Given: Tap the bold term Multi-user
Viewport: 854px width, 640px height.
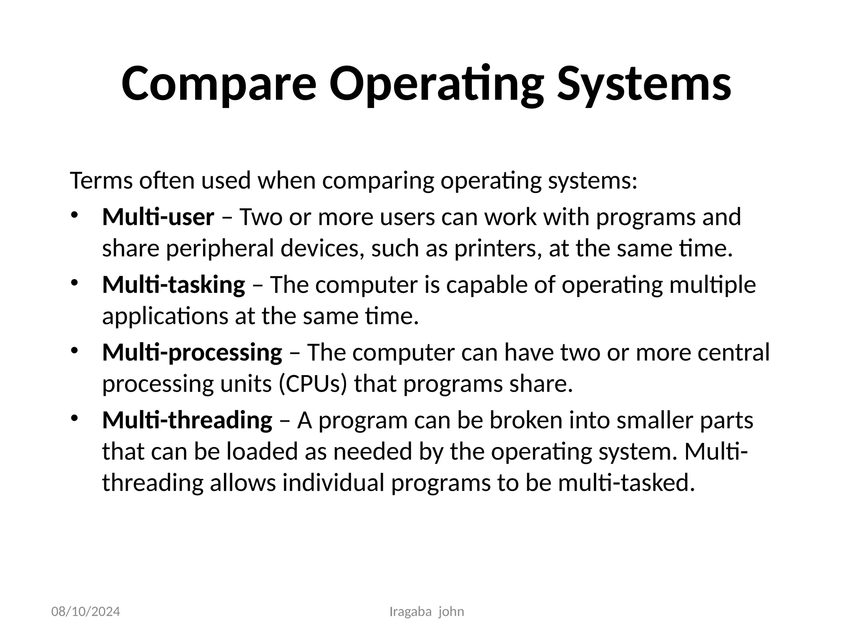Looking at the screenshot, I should click(158, 217).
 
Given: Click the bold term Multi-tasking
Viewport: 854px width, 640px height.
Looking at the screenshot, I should click(173, 285).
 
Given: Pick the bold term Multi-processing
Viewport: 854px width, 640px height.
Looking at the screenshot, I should click(192, 352).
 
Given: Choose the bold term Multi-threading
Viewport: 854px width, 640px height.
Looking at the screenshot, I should click(187, 420).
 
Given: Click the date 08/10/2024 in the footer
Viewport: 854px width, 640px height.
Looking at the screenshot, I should click(85, 612).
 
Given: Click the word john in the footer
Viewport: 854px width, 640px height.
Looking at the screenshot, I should click(451, 612).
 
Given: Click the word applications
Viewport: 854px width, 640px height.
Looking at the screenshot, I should click(165, 316).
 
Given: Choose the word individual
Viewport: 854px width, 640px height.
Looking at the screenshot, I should click(333, 483).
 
